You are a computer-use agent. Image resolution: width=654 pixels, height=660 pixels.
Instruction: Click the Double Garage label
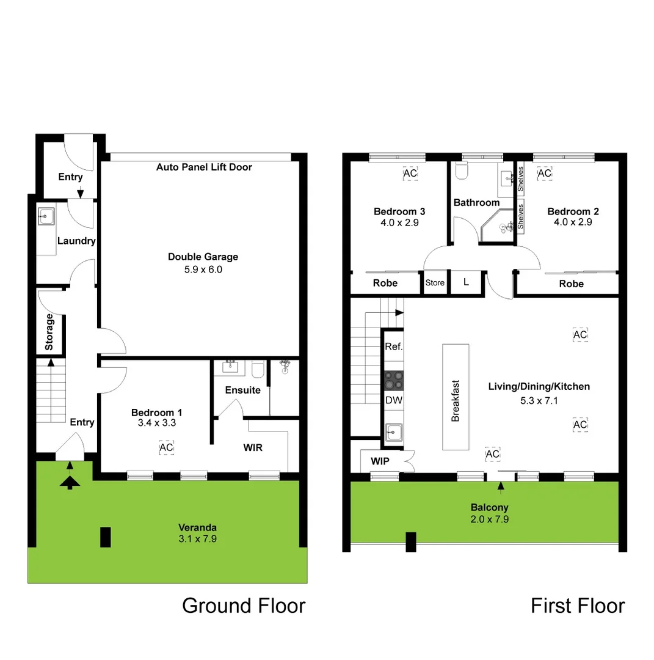(203, 257)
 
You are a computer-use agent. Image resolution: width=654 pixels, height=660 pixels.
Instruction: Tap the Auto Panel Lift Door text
(204, 167)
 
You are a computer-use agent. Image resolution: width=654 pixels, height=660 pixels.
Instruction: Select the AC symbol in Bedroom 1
(166, 448)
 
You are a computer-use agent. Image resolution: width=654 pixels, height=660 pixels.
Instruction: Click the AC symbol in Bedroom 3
(410, 174)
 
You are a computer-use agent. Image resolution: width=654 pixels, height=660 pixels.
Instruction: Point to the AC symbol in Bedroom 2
(544, 174)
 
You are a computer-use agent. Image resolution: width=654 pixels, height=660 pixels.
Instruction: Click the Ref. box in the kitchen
(393, 346)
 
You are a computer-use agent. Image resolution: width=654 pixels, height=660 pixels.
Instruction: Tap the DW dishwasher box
(393, 400)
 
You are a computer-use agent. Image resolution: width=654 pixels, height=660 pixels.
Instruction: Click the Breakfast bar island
(456, 397)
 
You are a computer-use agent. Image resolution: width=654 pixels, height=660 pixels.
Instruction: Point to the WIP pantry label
(380, 461)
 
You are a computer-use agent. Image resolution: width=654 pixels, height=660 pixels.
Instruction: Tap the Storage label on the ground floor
(49, 332)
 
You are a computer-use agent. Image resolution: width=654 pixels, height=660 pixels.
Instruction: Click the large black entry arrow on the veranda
(70, 483)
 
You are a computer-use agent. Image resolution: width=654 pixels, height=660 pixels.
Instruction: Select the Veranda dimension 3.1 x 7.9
(197, 539)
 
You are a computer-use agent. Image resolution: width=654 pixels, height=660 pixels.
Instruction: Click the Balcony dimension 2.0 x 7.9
(489, 519)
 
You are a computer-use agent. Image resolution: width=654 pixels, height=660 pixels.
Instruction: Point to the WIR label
(253, 447)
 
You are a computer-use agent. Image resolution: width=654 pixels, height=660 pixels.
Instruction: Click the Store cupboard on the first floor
(435, 283)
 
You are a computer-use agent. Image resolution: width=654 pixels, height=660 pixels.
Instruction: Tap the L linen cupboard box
(466, 283)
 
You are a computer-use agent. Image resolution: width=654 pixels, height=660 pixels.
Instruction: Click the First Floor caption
(577, 606)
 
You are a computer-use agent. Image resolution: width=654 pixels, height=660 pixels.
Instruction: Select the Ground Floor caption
(244, 606)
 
